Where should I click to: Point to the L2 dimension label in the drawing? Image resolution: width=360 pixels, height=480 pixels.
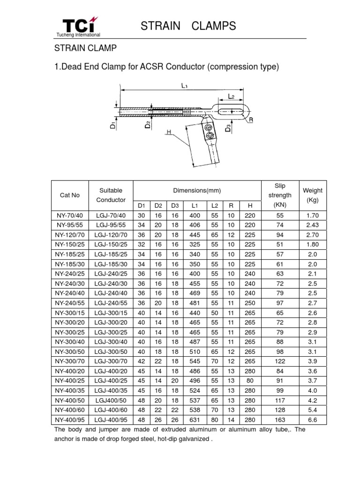[231, 96]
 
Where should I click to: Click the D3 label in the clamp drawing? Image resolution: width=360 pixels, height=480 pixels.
[228, 127]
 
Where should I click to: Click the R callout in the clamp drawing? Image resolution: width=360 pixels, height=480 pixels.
[251, 120]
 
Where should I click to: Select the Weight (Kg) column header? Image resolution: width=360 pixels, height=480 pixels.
[313, 195]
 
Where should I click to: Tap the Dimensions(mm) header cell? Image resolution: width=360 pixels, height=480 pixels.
[197, 190]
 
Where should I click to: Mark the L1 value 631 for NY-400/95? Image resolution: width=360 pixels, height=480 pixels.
[195, 420]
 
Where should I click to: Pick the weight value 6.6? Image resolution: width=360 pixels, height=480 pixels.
[313, 420]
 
